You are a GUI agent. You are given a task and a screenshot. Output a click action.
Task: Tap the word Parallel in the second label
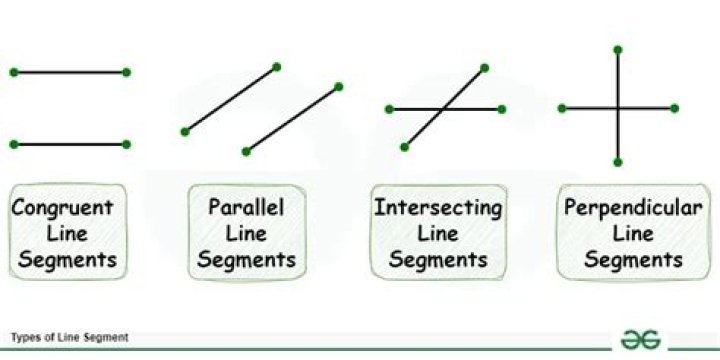point(245,209)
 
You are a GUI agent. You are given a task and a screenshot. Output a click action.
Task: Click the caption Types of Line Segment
point(70,338)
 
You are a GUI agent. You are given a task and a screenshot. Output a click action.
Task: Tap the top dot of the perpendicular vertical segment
point(619,49)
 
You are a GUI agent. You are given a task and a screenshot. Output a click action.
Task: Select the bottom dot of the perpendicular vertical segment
point(619,162)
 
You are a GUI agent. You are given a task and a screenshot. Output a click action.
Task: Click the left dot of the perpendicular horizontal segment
point(561,108)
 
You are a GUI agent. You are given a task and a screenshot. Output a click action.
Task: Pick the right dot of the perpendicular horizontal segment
point(677,108)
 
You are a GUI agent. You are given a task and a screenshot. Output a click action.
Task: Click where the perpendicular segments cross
point(619,108)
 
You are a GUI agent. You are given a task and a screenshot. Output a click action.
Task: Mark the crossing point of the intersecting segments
point(446,108)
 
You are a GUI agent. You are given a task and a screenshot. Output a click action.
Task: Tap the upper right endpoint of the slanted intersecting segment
point(484,68)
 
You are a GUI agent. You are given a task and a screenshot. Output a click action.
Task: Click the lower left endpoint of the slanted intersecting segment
point(404,147)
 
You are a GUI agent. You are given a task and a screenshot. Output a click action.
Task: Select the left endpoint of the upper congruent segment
point(12,72)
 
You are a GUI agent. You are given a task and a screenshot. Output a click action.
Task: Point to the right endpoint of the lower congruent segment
point(127,144)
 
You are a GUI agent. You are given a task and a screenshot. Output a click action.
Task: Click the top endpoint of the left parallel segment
point(277,67)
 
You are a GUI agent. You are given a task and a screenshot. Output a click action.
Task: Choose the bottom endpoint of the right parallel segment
point(246,151)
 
